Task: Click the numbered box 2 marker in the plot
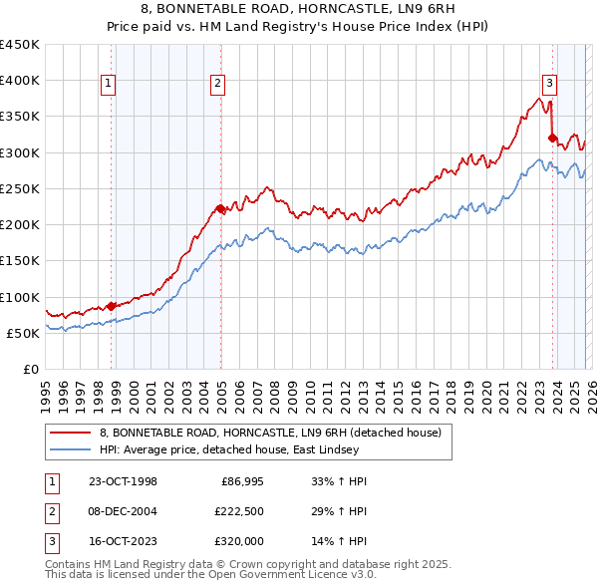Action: pos(217,85)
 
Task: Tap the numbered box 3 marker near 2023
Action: pos(548,85)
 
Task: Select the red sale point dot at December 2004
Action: pos(220,208)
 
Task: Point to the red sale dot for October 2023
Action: pos(552,138)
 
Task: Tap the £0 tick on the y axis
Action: pos(32,369)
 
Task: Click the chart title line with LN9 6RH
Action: pos(298,9)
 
